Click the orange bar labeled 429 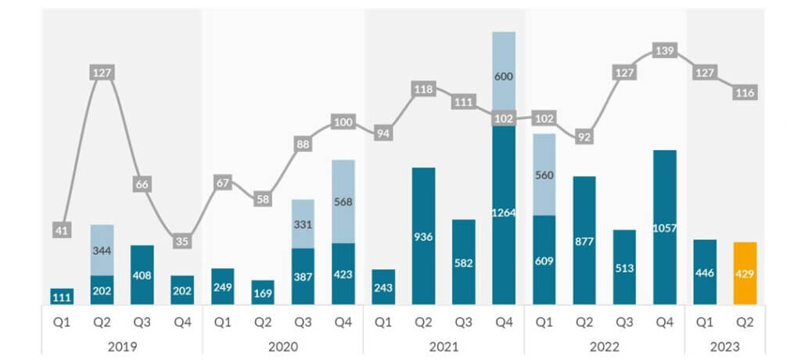(x=745, y=273)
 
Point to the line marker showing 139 (x=664, y=50)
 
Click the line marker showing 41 (x=62, y=229)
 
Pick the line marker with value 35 (x=182, y=241)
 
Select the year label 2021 (x=443, y=345)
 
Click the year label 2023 (x=724, y=345)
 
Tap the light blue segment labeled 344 (x=102, y=250)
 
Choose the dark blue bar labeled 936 (x=423, y=236)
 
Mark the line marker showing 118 (x=423, y=89)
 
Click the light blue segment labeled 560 (x=544, y=175)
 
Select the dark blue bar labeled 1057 (x=664, y=227)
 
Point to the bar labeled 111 (x=62, y=297)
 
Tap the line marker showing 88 (x=303, y=144)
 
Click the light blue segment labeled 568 (x=343, y=201)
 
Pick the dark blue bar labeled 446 (x=704, y=272)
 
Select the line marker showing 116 (x=745, y=93)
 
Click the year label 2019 (x=122, y=345)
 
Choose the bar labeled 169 (x=263, y=293)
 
